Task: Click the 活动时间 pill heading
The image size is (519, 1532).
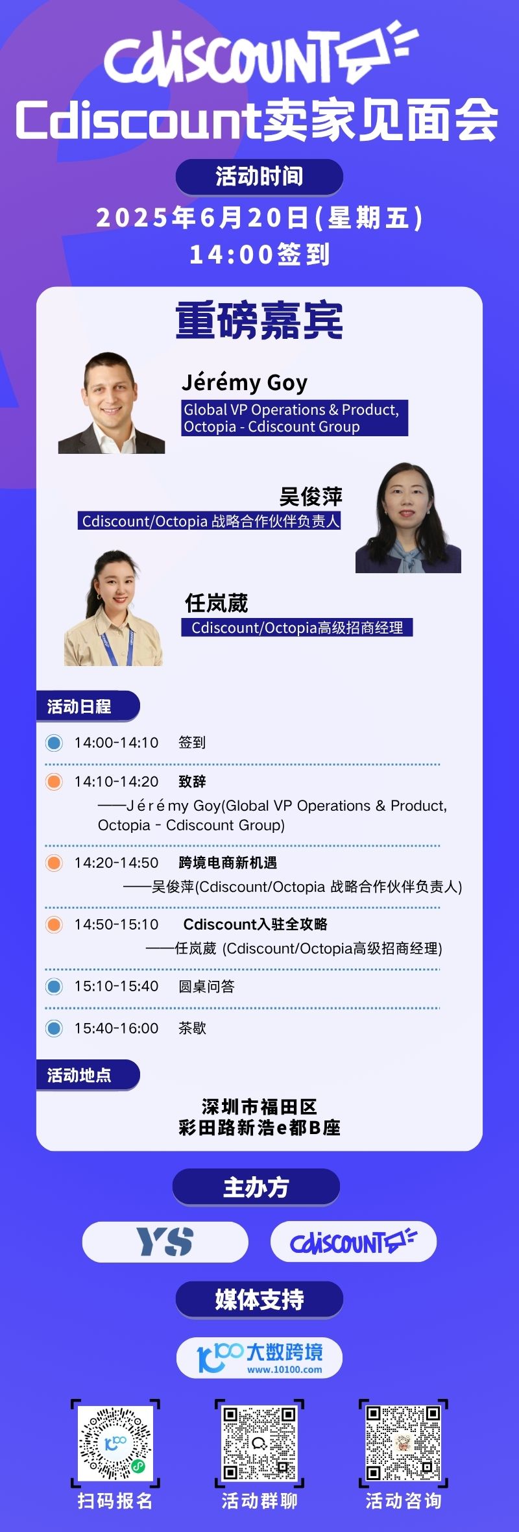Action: pos(259,177)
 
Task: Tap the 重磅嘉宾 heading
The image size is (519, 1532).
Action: pos(259,321)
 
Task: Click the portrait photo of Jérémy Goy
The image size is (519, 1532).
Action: pos(112,402)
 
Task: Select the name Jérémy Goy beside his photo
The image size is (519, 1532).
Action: pos(245,383)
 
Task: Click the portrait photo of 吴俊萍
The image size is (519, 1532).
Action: pos(408,517)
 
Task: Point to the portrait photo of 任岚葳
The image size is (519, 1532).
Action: pos(114,608)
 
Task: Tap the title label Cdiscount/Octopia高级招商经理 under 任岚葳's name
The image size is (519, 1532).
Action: pos(297,628)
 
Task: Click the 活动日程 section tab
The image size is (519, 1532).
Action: pos(88,706)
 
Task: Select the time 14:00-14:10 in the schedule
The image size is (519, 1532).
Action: pos(116,743)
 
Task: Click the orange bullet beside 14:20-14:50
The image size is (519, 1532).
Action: pos(54,863)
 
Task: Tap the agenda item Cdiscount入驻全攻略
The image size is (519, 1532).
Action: pos(256,924)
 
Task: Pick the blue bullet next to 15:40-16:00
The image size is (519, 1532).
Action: pos(54,1028)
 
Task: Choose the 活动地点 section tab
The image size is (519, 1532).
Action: pos(88,1076)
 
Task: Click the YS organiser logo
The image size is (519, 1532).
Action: pos(165,1242)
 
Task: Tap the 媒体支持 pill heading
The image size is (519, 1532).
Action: pos(259,1300)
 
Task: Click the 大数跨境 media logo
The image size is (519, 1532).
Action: pos(259,1357)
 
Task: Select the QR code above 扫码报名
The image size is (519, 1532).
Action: pos(115,1443)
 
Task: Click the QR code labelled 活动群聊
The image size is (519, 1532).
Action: pos(259,1443)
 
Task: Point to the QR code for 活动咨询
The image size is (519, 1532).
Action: pos(404,1443)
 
